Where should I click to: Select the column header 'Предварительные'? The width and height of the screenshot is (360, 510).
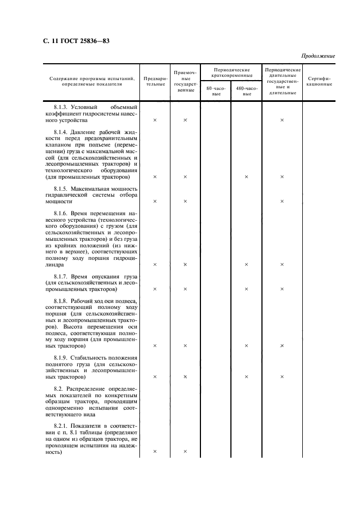point(155,81)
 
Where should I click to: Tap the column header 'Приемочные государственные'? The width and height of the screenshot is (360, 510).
point(185,81)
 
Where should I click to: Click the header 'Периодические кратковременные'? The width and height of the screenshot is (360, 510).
point(231,72)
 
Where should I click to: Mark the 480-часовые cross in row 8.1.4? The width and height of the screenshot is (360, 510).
point(246,177)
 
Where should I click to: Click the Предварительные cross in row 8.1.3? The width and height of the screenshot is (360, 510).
point(155,120)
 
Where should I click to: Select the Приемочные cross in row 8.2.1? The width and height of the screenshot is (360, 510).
point(185,452)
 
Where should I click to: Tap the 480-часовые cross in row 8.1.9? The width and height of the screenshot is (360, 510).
point(246,377)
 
